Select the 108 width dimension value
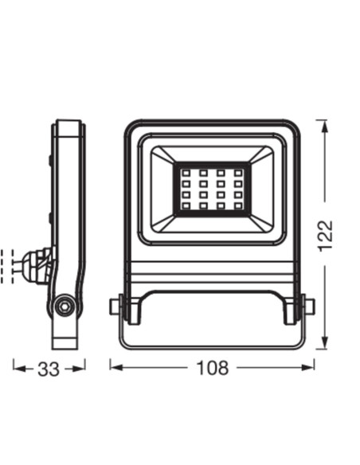tap(212, 368)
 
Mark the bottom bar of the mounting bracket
tap(212, 347)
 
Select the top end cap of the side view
tap(68, 127)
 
